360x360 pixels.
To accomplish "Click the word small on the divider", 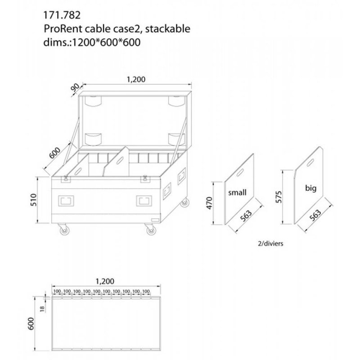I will (x=237, y=193).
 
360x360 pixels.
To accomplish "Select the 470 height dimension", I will (x=215, y=203).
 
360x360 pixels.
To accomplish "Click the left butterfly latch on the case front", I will (x=66, y=179).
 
